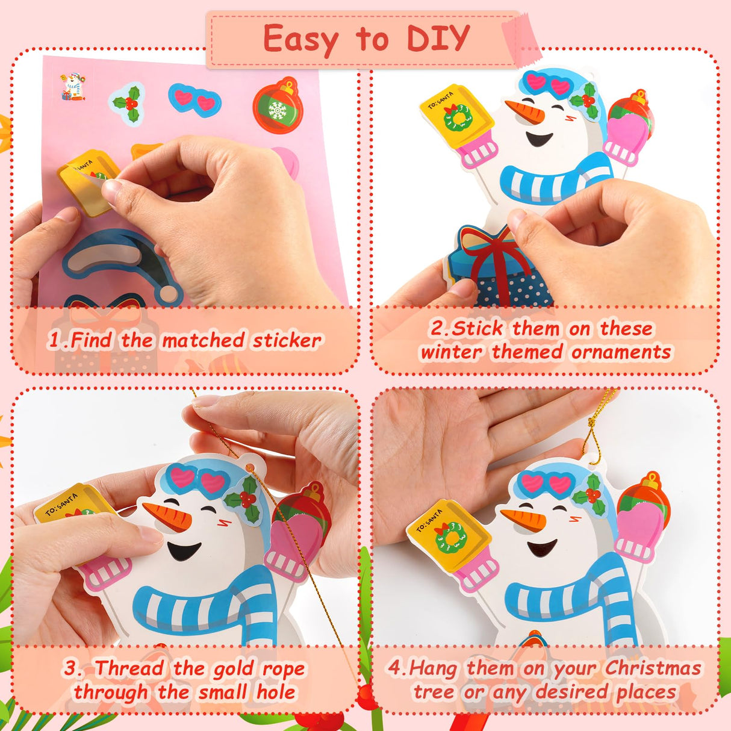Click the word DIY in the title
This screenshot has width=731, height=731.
[x=438, y=39]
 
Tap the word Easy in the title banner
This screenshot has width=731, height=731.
[x=302, y=40]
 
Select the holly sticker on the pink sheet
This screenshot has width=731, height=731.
[x=128, y=103]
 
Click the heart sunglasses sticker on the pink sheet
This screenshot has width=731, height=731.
[x=194, y=100]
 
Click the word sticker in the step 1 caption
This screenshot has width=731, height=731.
[x=287, y=341]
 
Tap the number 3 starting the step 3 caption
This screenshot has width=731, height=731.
[x=72, y=668]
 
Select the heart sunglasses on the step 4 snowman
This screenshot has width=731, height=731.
[x=547, y=484]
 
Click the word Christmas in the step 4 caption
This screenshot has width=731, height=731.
[x=653, y=668]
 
